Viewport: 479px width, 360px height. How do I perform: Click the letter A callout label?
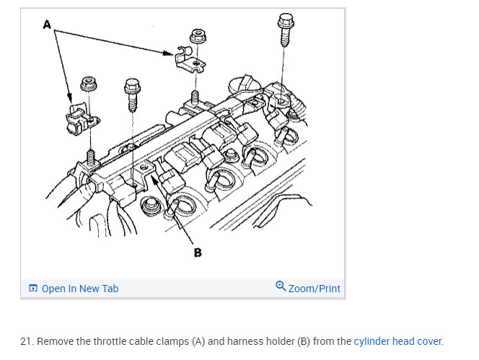(47, 25)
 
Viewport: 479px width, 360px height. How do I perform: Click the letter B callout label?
(198, 253)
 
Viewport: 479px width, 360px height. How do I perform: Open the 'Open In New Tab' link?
(80, 289)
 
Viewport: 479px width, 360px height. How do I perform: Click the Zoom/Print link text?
(314, 289)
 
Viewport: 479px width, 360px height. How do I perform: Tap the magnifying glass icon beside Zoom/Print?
(281, 286)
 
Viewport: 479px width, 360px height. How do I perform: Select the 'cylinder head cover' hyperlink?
(397, 341)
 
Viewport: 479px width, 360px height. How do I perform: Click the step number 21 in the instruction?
(26, 341)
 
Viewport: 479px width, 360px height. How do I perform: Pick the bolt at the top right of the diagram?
(286, 30)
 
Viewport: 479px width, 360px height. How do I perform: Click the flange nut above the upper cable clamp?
(198, 37)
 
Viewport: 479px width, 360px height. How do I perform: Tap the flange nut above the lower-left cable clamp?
(89, 84)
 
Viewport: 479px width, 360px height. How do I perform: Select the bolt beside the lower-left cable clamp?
(132, 95)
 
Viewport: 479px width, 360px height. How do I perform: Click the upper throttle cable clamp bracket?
(190, 61)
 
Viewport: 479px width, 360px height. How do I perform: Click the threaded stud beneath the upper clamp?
(195, 98)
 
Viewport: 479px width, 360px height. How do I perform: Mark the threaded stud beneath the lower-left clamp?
(91, 157)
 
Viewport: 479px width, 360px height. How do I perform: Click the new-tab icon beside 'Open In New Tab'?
(32, 288)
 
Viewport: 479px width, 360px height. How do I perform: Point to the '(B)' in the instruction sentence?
(304, 341)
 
